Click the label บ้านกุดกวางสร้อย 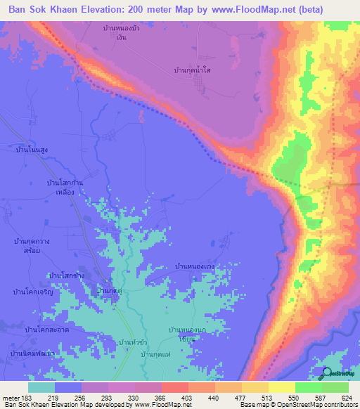pos(35,245)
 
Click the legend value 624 pos(347,397)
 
